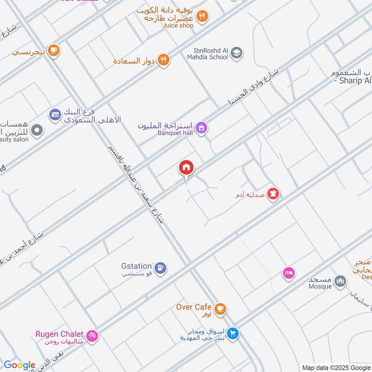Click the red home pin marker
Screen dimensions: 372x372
(186, 168)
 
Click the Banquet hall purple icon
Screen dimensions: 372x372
(201, 127)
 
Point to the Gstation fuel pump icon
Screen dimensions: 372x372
(160, 268)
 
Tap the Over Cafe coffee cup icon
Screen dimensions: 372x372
(220, 308)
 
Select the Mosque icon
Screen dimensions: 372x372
(341, 281)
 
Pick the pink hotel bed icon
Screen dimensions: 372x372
(289, 273)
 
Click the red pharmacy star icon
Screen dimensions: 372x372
(274, 193)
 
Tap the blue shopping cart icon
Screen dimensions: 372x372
(233, 333)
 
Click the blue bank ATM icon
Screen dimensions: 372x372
(55, 114)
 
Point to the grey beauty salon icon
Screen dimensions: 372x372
(37, 131)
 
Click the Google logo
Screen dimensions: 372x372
(20, 365)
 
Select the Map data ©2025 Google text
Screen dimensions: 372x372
(336, 367)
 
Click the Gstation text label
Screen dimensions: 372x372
(136, 266)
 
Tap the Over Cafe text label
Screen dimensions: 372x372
(194, 307)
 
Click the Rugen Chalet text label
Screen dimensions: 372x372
(60, 334)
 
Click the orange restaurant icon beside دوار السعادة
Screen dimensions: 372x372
(163, 60)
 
